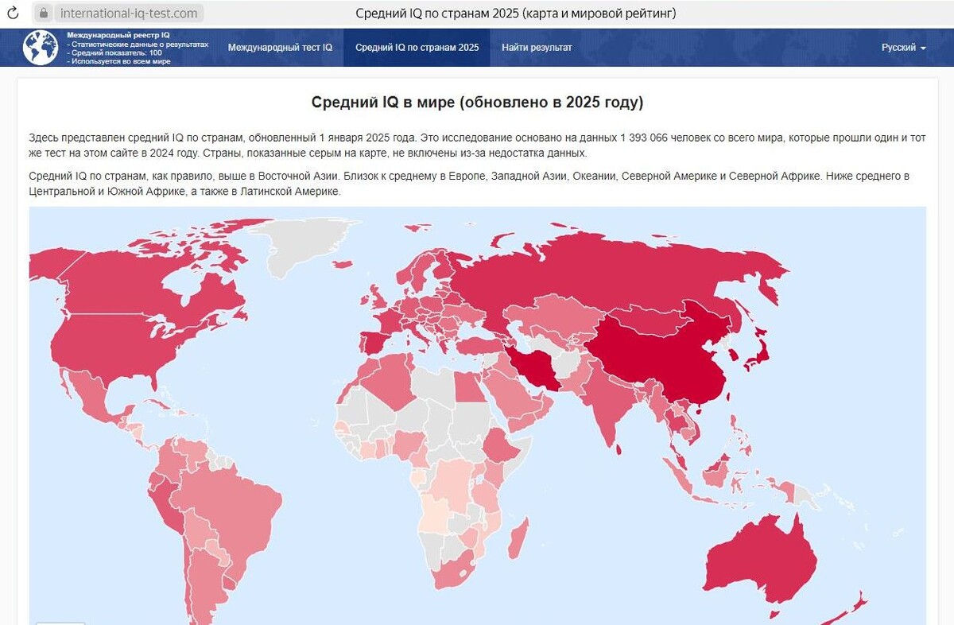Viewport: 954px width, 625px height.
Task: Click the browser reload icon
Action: click(13, 14)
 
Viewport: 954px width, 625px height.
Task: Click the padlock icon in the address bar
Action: click(44, 14)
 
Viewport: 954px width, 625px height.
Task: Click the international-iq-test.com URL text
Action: click(129, 14)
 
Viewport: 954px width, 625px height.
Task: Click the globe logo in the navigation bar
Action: click(41, 48)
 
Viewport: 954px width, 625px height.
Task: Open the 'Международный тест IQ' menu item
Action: click(280, 48)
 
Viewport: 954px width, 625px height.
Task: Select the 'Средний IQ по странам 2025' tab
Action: click(417, 48)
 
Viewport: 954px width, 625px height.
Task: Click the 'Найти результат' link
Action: click(537, 48)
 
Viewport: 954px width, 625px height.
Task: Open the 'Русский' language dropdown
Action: click(903, 48)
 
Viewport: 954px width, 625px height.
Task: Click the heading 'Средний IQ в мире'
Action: click(477, 103)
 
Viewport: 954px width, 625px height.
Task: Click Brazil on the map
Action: click(238, 509)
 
